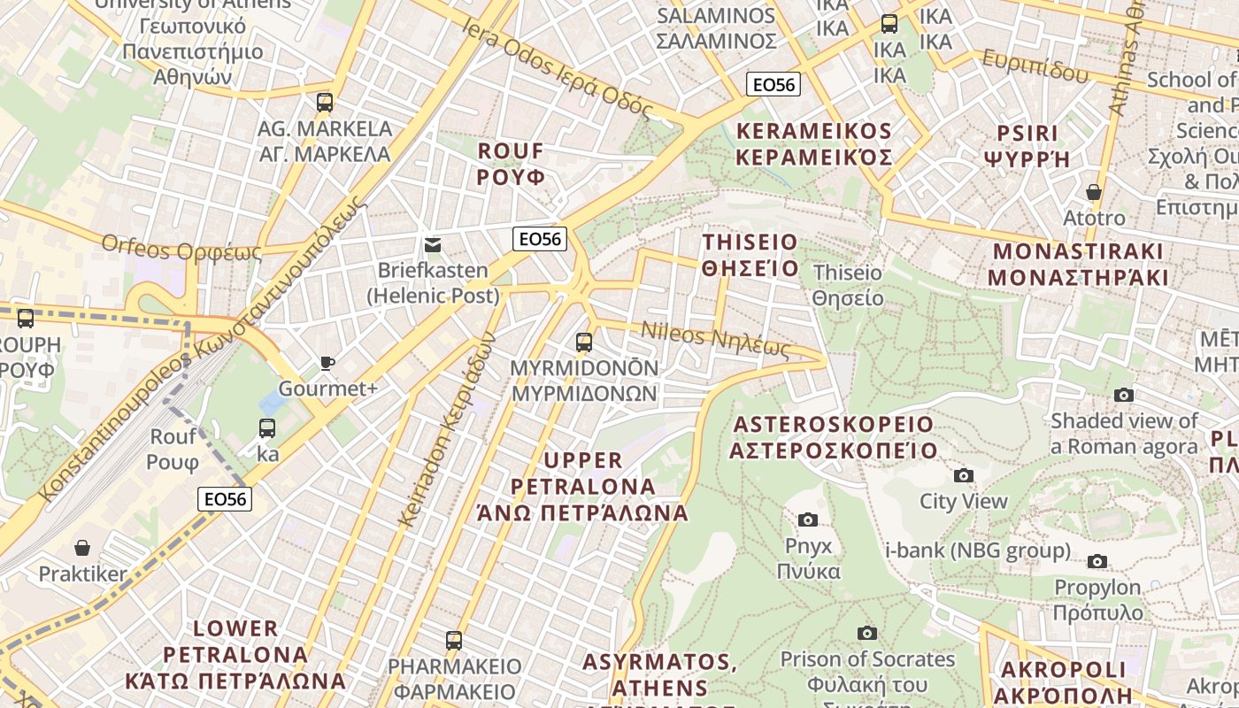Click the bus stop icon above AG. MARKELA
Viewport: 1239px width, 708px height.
point(325,102)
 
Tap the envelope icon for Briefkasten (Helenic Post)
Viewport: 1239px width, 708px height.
point(433,244)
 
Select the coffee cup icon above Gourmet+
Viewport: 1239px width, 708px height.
point(327,363)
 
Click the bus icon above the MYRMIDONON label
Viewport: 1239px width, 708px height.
point(584,342)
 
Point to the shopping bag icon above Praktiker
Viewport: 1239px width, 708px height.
point(82,548)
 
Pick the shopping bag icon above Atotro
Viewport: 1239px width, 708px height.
point(1094,192)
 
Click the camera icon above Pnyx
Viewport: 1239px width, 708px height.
point(808,519)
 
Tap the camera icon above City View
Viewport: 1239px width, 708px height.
point(964,475)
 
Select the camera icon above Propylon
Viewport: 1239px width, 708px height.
point(1097,561)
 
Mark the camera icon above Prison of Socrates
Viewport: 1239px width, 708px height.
point(867,633)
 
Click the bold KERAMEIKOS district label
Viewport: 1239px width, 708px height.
point(814,144)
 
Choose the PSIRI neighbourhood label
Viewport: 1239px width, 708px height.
point(1027,146)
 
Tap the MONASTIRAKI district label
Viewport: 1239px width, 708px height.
point(1078,264)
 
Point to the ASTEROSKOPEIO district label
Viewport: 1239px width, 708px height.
point(833,437)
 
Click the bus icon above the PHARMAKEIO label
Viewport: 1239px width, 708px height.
point(454,640)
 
